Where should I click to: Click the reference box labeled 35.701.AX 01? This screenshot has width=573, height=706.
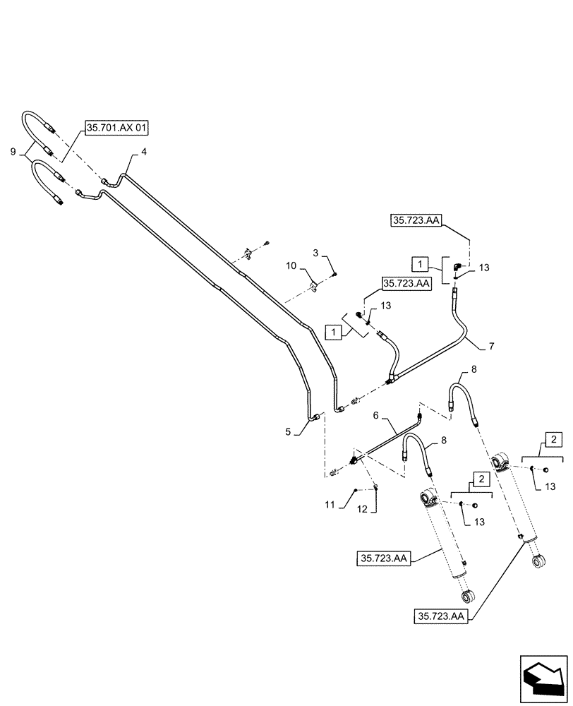tap(118, 128)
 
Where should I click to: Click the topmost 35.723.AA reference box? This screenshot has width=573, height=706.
tap(416, 221)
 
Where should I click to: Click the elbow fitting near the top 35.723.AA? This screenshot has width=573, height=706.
tap(458, 265)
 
